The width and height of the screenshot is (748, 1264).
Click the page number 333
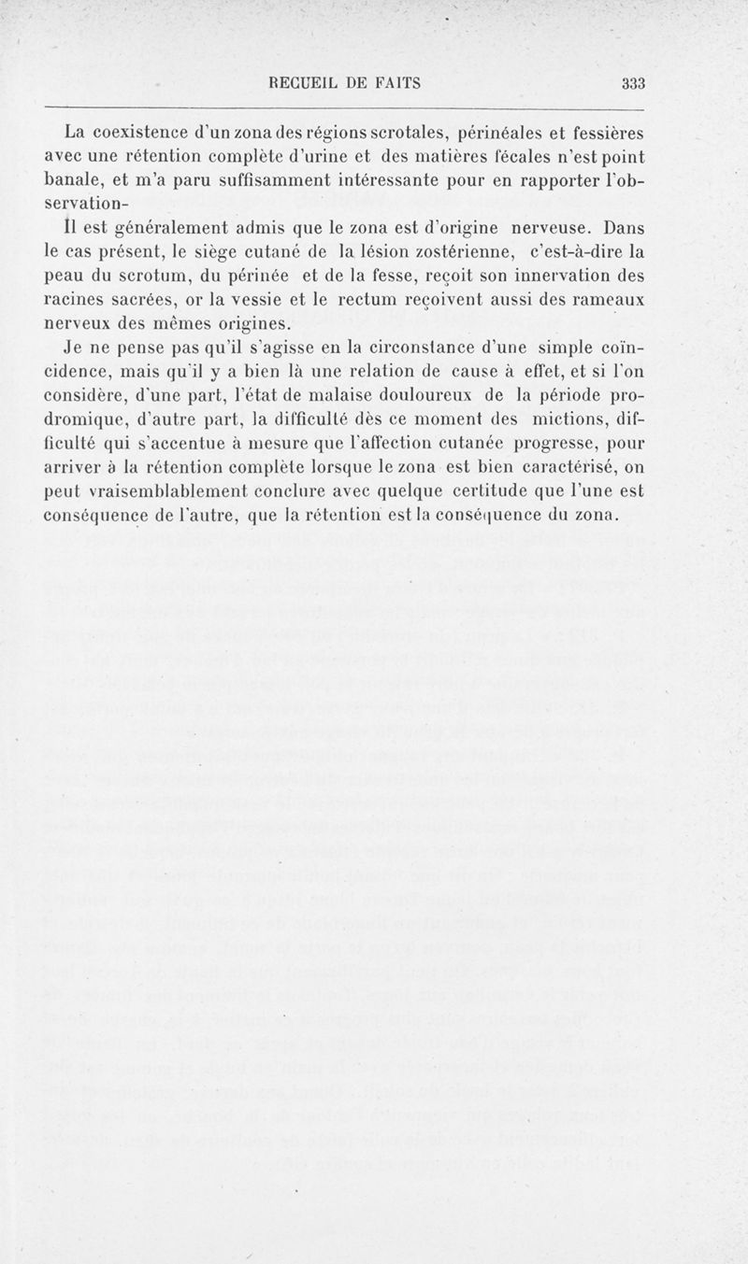click(x=635, y=83)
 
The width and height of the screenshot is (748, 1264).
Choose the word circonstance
click(x=420, y=348)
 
